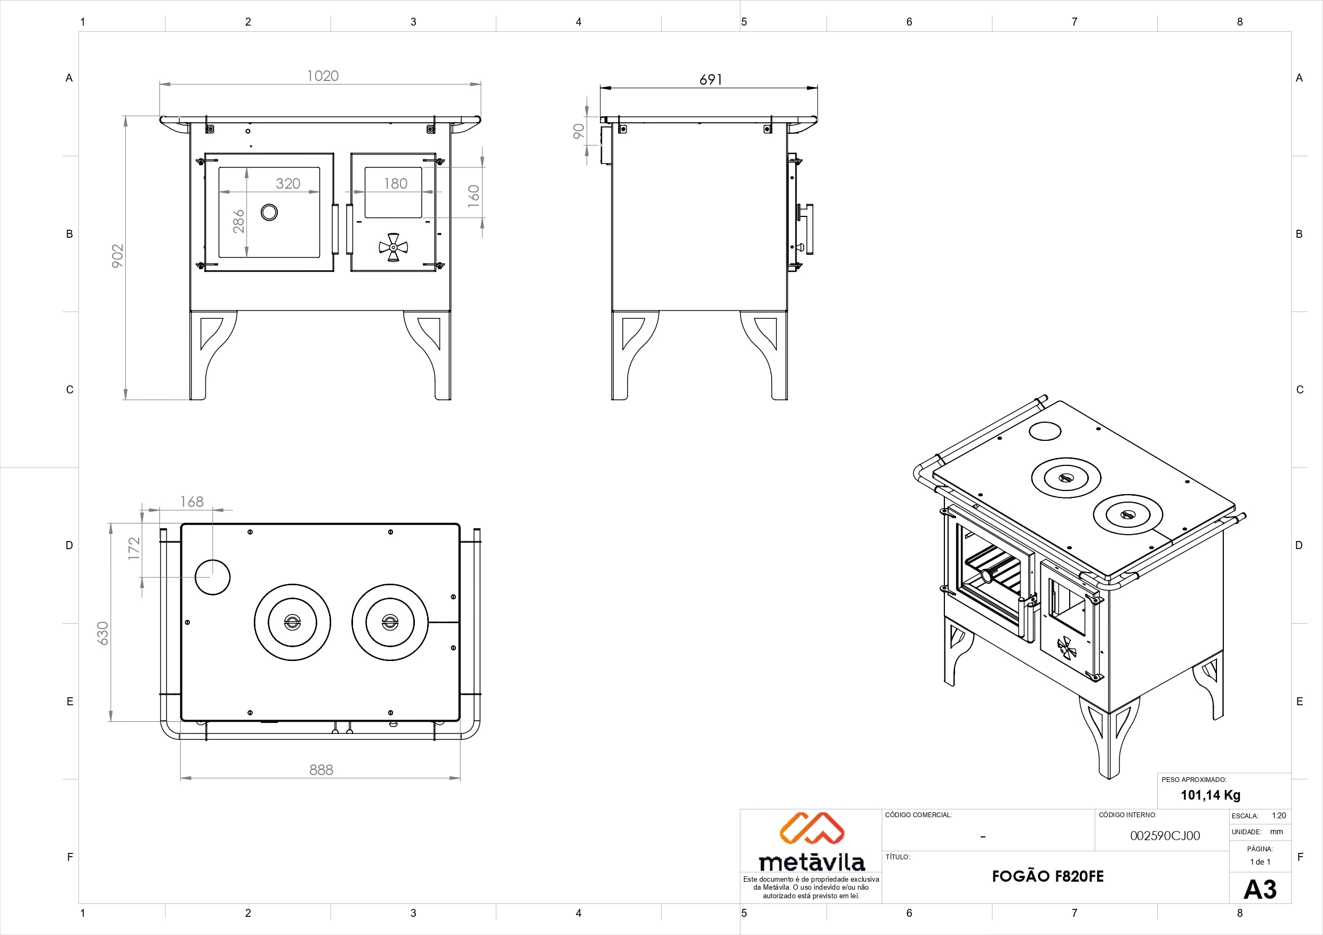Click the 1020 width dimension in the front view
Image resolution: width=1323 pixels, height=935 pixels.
323,76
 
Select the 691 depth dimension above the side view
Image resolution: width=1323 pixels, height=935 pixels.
710,79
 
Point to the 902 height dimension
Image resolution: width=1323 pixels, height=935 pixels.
117,256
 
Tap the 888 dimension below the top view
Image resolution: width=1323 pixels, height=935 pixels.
321,770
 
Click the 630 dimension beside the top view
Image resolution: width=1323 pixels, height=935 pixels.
102,633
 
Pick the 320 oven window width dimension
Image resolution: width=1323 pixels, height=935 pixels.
288,183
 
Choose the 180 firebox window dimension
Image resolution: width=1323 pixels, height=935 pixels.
396,183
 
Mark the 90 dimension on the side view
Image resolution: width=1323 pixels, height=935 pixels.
579,131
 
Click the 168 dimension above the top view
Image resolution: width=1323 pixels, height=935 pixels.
192,502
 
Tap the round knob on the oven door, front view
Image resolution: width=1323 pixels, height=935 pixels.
269,212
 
